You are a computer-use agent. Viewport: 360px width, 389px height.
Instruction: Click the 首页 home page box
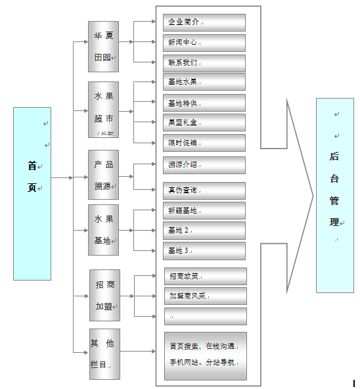[x=32, y=193]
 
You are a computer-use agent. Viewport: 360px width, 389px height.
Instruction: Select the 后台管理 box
[x=334, y=194]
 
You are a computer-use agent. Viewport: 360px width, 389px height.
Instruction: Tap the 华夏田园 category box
[x=103, y=46]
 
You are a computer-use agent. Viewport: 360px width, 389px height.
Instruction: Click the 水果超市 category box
[x=103, y=109]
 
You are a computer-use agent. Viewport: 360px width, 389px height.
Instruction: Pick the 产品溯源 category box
[x=103, y=174]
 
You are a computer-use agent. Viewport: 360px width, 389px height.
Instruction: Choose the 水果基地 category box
[x=103, y=229]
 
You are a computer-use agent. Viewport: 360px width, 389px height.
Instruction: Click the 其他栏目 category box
[x=104, y=354]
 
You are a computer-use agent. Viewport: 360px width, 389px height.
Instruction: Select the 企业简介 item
[x=204, y=22]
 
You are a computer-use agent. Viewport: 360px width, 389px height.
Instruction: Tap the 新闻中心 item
[x=204, y=43]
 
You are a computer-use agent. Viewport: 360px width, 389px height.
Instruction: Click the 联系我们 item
[x=204, y=63]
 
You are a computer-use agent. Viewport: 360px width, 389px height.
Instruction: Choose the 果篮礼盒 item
[x=204, y=122]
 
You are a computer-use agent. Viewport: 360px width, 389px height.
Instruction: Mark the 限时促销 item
[x=204, y=143]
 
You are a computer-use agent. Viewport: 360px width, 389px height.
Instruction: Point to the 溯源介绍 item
[x=204, y=164]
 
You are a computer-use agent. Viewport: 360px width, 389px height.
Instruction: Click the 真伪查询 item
[x=204, y=191]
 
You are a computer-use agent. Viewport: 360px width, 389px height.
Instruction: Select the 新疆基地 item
[x=204, y=210]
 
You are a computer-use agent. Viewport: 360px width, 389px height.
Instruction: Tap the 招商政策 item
[x=205, y=276]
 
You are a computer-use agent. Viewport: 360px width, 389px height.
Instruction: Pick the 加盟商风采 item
[x=205, y=296]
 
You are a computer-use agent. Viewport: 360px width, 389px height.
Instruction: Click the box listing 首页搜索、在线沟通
[x=205, y=355]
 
